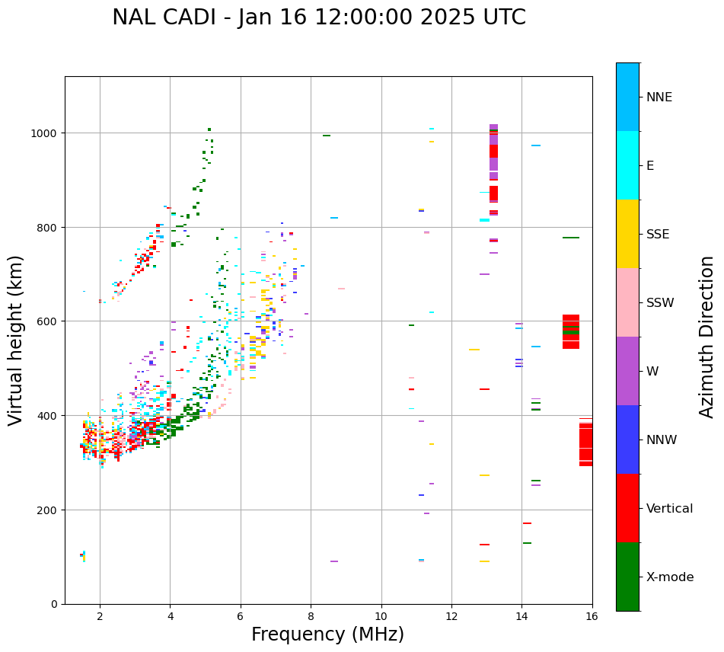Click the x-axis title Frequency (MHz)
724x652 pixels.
point(327,634)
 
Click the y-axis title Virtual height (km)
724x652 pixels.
point(16,340)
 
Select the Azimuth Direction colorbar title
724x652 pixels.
point(707,337)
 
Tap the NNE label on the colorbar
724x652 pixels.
point(659,97)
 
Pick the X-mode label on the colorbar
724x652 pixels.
point(670,577)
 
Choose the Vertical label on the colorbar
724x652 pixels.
point(670,509)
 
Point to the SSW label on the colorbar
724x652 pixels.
point(660,303)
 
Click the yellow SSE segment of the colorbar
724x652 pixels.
point(627,234)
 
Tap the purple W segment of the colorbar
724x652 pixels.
point(627,371)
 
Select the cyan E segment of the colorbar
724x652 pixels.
point(627,165)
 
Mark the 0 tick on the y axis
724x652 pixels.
point(55,604)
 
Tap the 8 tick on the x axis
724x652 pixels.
point(311,616)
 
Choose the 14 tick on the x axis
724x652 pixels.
point(521,616)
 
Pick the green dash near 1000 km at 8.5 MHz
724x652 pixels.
point(327,136)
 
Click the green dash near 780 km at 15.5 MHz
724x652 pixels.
point(571,238)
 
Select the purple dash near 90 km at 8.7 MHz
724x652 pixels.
point(334,561)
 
